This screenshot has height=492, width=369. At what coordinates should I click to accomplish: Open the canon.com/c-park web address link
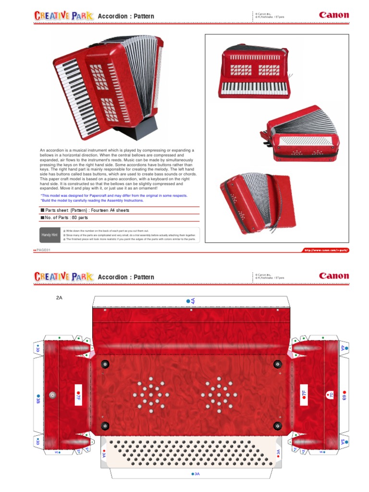point(325,250)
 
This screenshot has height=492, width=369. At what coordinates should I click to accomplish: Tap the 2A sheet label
point(59,298)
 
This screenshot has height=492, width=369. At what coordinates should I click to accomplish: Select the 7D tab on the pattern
point(331,395)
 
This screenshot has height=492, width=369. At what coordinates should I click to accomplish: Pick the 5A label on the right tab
point(344,441)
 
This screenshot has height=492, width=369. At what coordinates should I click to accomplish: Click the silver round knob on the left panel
point(51,395)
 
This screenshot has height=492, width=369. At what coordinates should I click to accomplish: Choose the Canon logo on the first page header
point(334,15)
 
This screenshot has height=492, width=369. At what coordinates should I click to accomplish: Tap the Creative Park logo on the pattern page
point(63,277)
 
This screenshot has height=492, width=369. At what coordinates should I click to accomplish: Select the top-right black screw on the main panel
point(277,364)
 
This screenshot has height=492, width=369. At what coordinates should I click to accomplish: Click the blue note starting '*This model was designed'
point(114,196)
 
